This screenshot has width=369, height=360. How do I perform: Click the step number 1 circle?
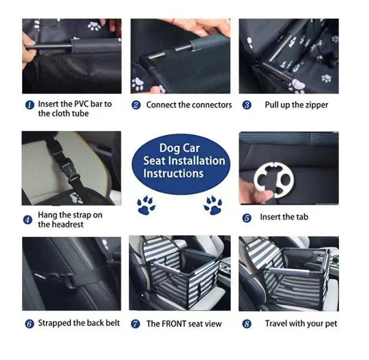click(30, 105)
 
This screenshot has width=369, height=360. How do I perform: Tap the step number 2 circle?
click(136, 105)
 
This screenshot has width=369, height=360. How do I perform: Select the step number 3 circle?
click(247, 105)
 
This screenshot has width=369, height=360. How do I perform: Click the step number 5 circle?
click(247, 217)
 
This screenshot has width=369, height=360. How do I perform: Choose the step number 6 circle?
click(30, 324)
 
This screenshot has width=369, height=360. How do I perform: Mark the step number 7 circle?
click(136, 324)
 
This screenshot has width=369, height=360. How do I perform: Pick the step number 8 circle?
click(247, 324)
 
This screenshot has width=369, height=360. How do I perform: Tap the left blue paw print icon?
click(146, 204)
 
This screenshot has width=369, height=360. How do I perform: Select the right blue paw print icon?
click(213, 204)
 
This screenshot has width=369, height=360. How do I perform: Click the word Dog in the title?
click(169, 148)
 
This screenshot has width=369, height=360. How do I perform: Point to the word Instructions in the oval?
click(173, 174)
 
